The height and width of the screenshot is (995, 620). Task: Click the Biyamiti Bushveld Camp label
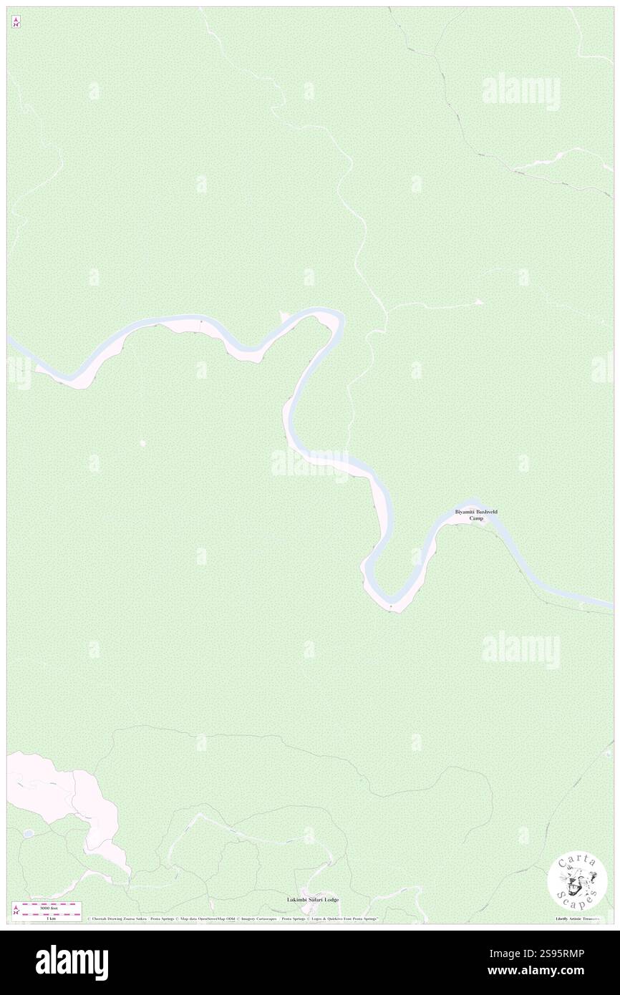476,515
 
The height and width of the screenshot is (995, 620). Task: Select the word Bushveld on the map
486,512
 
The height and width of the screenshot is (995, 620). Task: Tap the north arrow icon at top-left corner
16,22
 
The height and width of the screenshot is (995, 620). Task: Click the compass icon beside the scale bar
16,910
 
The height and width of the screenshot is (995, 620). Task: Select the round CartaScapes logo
577,883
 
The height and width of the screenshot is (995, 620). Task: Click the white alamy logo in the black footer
72,962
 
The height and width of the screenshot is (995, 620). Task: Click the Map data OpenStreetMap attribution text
208,918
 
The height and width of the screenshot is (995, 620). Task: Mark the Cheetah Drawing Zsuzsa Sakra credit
114,918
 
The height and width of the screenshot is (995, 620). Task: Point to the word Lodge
330,899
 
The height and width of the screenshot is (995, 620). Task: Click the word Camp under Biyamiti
476,518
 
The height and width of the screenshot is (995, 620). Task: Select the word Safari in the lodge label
311,899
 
